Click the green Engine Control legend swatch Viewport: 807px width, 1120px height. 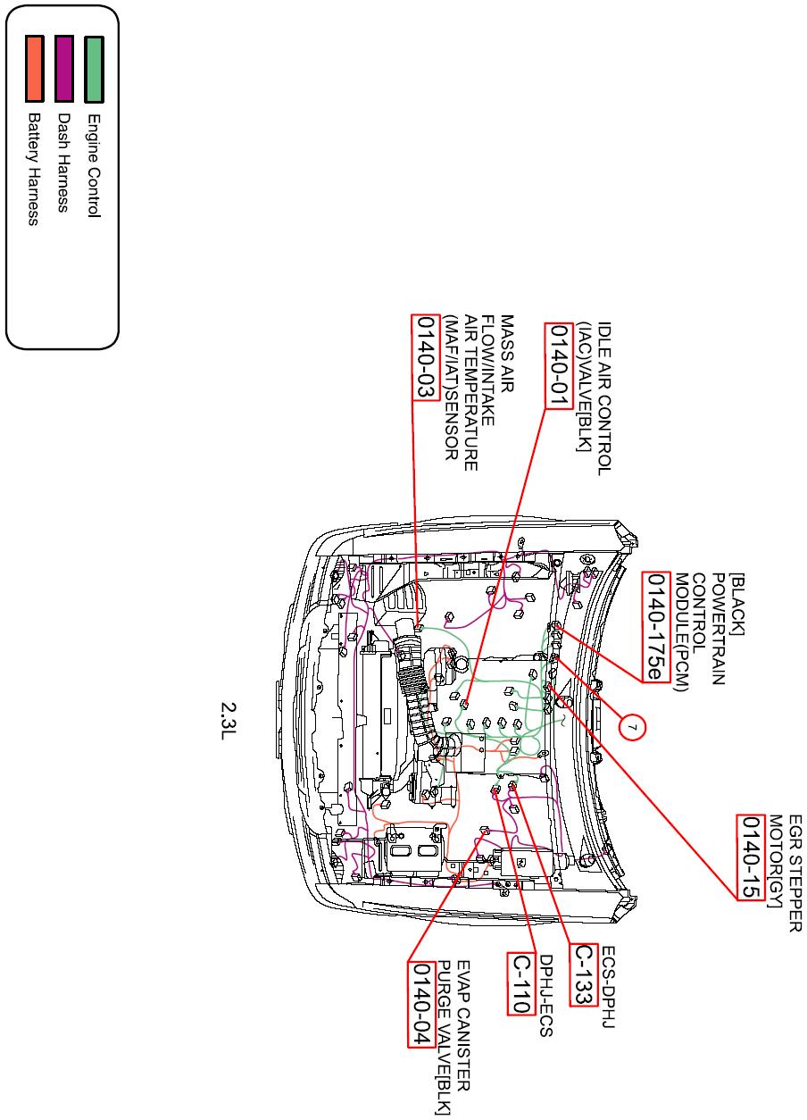94,70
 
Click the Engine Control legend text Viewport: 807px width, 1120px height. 94,165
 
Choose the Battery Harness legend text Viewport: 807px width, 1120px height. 35,169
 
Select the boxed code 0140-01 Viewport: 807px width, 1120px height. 560,364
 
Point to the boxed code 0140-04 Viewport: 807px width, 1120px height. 421,1006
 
